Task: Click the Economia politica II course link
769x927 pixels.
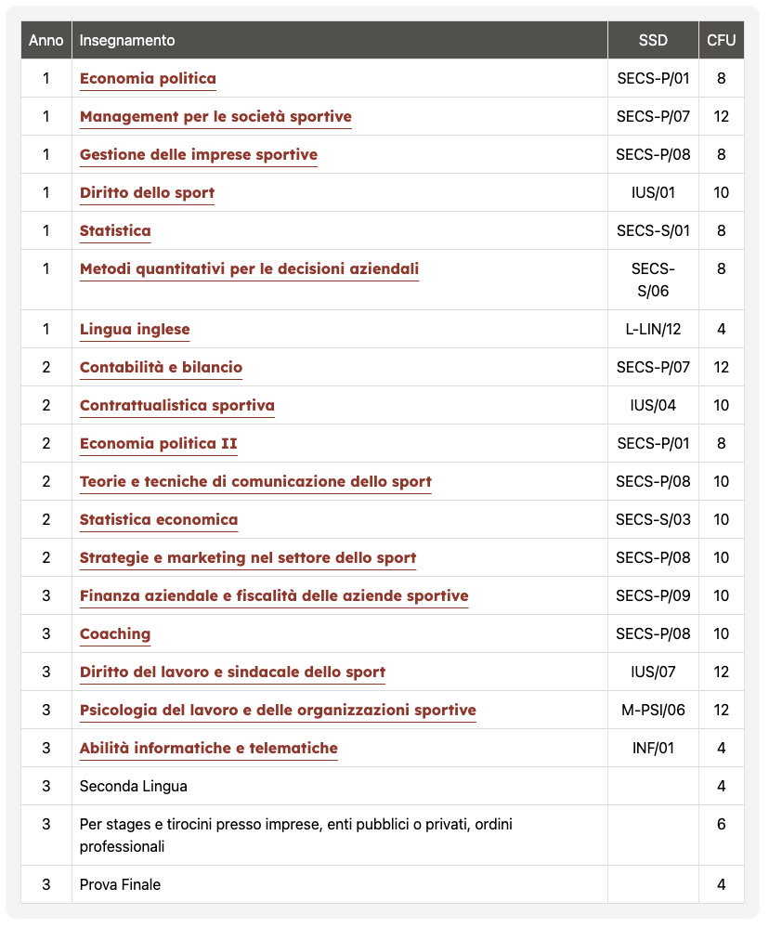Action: pyautogui.click(x=158, y=443)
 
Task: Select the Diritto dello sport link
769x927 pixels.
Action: pyautogui.click(x=147, y=192)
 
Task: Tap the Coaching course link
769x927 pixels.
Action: pyautogui.click(x=115, y=633)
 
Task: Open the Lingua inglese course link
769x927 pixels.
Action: pyautogui.click(x=135, y=329)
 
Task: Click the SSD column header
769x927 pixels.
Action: pyautogui.click(x=653, y=40)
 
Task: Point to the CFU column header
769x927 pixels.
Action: pyautogui.click(x=721, y=40)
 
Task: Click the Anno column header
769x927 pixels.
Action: pyautogui.click(x=46, y=40)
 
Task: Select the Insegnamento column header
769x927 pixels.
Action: pyautogui.click(x=127, y=40)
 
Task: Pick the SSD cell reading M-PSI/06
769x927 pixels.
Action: pyautogui.click(x=653, y=711)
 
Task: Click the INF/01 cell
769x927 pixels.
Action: pyautogui.click(x=653, y=749)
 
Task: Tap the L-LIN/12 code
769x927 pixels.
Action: pyautogui.click(x=653, y=329)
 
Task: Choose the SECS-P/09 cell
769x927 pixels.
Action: pyautogui.click(x=653, y=595)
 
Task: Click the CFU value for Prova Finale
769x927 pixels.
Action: pyautogui.click(x=721, y=885)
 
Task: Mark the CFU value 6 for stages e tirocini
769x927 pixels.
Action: pyautogui.click(x=721, y=824)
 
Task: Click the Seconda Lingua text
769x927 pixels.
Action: pyautogui.click(x=134, y=787)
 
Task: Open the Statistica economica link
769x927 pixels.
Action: pyautogui.click(x=159, y=519)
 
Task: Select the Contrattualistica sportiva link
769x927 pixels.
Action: pyautogui.click(x=177, y=405)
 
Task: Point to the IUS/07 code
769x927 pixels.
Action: pyautogui.click(x=653, y=672)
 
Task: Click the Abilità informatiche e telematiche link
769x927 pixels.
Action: pyautogui.click(x=209, y=748)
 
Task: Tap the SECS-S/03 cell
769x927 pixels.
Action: pyautogui.click(x=653, y=519)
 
